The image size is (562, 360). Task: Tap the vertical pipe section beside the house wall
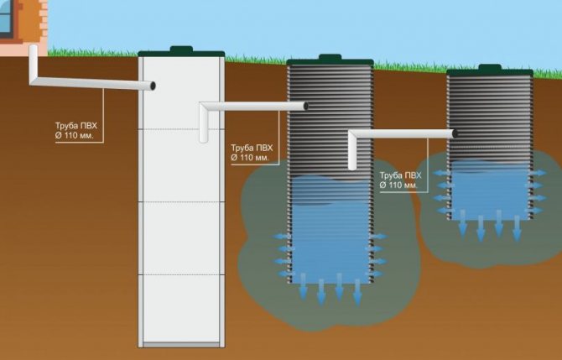click(x=34, y=63)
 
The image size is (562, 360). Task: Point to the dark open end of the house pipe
click(x=153, y=86)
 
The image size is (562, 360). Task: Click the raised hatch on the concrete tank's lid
click(x=181, y=50)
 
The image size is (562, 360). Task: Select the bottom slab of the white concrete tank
click(x=181, y=345)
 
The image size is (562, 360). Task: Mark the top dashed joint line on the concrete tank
click(x=181, y=129)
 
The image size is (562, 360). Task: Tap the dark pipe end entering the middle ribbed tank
click(x=305, y=106)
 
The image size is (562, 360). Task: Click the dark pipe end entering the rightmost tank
click(x=455, y=133)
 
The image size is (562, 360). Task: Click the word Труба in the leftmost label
click(x=66, y=126)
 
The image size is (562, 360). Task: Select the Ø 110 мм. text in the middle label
click(x=250, y=158)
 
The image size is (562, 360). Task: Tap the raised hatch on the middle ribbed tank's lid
click(x=330, y=57)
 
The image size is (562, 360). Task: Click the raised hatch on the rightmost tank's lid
click(x=490, y=67)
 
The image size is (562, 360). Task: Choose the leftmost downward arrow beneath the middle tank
click(x=303, y=286)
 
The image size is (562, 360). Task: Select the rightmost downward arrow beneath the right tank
click(x=517, y=228)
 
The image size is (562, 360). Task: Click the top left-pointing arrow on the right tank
click(x=444, y=173)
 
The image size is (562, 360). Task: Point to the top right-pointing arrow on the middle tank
click(x=377, y=237)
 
